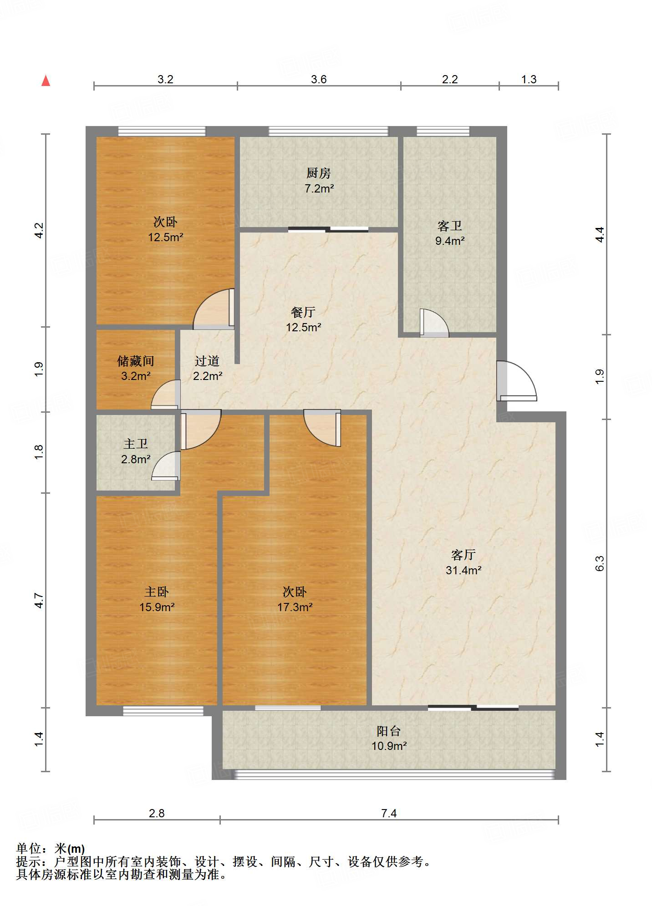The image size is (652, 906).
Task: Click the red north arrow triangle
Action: (x=46, y=81)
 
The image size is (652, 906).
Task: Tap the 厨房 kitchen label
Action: (x=318, y=173)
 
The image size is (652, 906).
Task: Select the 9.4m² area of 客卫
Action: (x=450, y=241)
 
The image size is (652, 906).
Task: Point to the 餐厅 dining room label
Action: (x=303, y=312)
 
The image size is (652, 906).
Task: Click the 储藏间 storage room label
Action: (x=136, y=361)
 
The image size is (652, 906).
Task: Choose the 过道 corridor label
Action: (x=207, y=361)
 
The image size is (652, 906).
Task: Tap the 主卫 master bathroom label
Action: (x=136, y=444)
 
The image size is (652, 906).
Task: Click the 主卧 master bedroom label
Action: (x=157, y=592)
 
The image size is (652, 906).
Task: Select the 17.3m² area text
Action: (x=295, y=607)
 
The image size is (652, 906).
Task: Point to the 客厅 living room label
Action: (x=464, y=555)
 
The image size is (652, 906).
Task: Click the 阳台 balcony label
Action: (x=389, y=731)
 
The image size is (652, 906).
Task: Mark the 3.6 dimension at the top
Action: (x=319, y=79)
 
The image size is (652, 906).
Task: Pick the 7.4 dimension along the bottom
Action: (x=389, y=813)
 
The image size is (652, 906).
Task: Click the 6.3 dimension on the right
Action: (x=600, y=563)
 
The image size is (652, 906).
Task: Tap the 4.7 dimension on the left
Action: (x=39, y=600)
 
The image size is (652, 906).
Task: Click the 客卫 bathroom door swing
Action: (x=434, y=323)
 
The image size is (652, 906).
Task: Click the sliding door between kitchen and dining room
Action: (x=328, y=229)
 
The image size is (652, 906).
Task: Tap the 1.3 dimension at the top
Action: (x=529, y=79)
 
